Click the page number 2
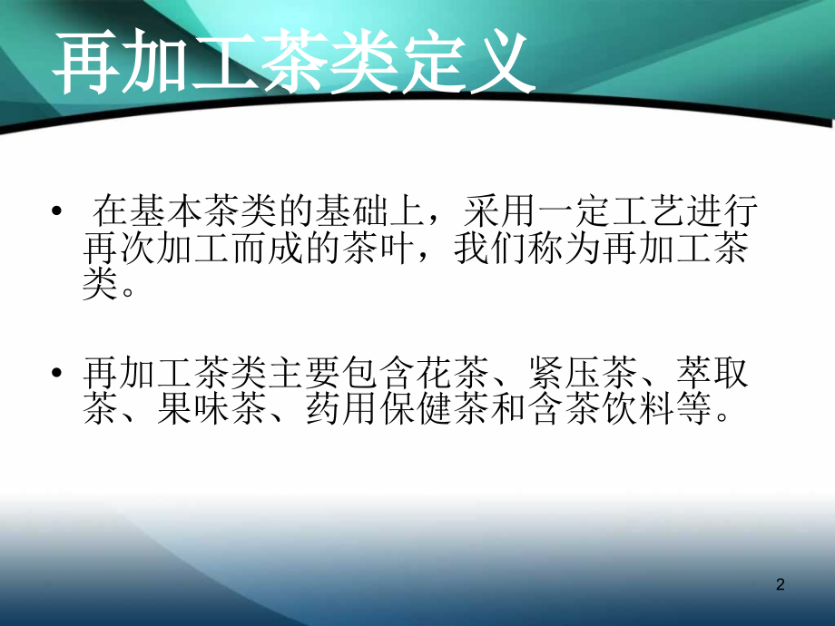(x=780, y=586)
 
